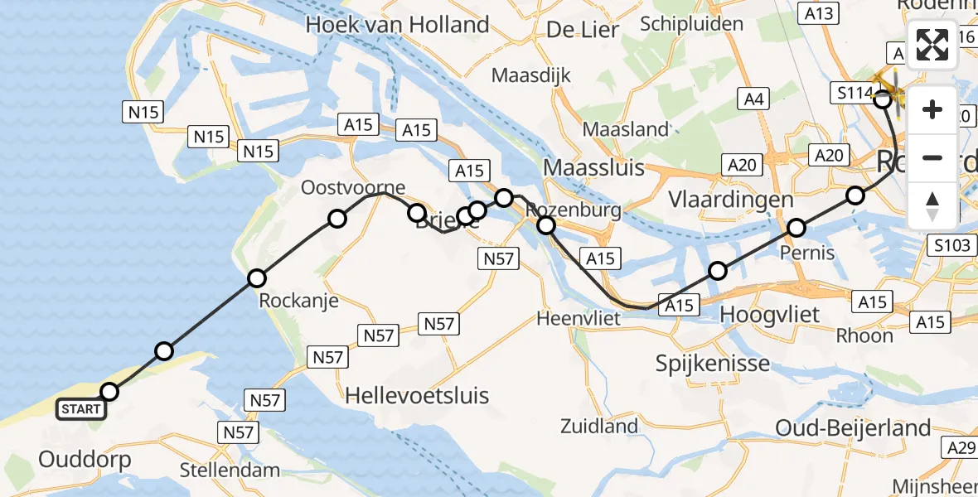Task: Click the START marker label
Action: click(x=81, y=409)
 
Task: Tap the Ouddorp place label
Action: click(x=84, y=459)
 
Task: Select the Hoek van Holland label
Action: click(x=397, y=25)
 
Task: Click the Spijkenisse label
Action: click(x=713, y=363)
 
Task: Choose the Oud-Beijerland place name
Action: click(x=854, y=427)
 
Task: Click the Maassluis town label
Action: click(x=593, y=168)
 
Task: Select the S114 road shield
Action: click(x=853, y=93)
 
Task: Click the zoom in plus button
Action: click(x=932, y=109)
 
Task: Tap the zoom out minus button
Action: click(x=932, y=157)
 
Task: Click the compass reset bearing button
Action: click(x=932, y=205)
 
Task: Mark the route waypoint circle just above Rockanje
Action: click(x=257, y=278)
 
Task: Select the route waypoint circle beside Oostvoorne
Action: click(x=336, y=219)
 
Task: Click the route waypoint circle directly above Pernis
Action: click(x=796, y=227)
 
